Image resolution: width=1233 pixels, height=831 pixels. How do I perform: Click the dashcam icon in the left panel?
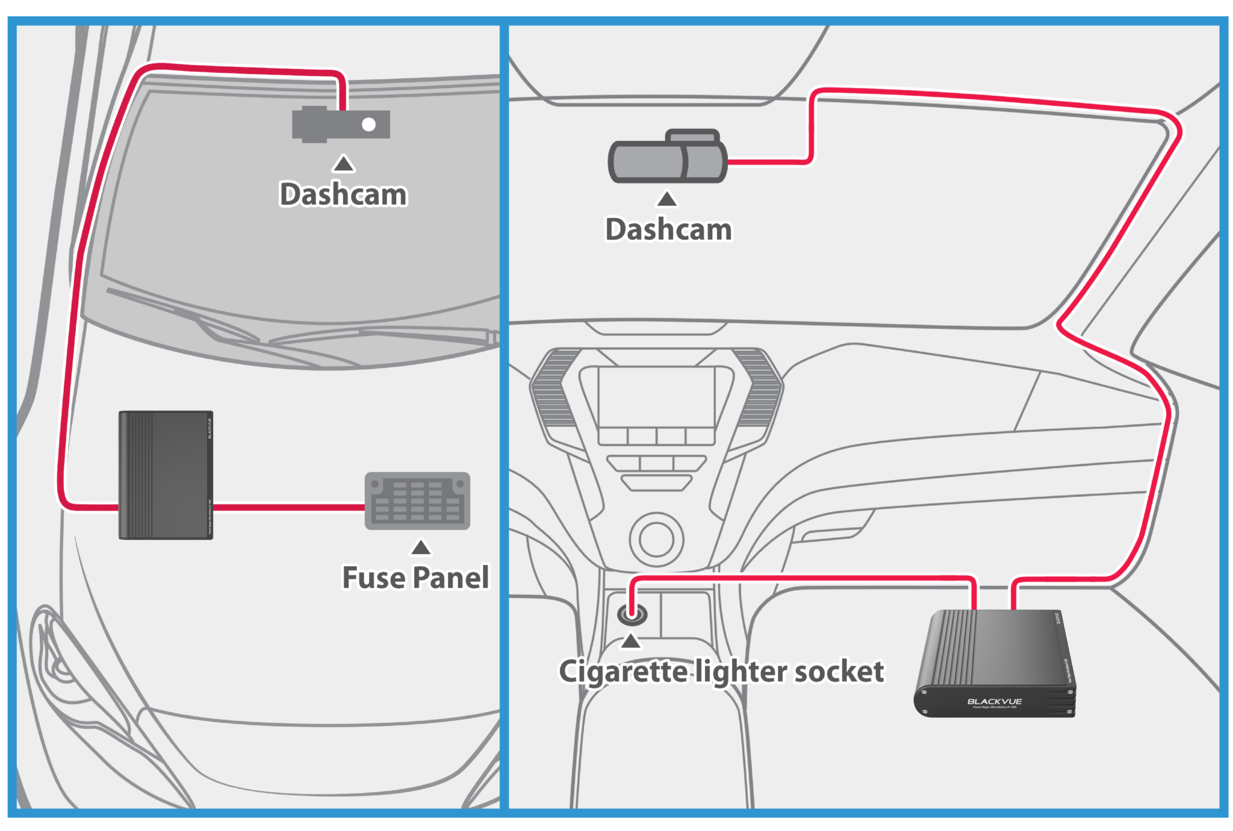340,125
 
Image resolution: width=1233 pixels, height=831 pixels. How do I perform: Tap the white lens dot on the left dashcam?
368,125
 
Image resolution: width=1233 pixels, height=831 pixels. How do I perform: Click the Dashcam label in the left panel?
343,195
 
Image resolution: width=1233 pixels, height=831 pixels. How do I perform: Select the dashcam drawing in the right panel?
668,158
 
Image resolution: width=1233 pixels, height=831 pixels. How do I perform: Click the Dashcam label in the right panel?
668,229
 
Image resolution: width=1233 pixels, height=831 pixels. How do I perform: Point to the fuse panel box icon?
417,501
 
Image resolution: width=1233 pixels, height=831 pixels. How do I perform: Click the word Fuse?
373,577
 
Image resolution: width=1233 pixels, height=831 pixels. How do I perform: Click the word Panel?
451,577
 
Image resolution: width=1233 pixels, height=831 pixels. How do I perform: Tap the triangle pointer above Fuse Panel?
421,547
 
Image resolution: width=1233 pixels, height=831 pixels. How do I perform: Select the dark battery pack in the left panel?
166,475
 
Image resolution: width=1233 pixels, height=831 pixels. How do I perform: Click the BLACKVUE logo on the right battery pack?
994,702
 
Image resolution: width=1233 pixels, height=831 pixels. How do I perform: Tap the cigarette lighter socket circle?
632,615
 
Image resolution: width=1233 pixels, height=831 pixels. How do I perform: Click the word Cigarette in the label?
623,671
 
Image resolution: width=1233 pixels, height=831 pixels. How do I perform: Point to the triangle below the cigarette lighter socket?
630,641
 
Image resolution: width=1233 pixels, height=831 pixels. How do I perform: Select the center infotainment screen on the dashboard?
656,397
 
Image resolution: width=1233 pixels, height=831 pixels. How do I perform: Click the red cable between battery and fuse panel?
289,507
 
